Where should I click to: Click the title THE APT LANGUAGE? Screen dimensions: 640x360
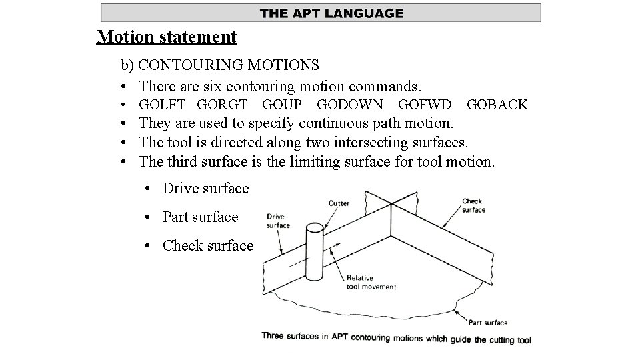(x=331, y=13)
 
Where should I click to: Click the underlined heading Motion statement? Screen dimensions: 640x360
(x=167, y=36)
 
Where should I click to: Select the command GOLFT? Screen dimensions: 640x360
(x=162, y=105)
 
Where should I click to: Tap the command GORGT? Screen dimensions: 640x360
(x=222, y=105)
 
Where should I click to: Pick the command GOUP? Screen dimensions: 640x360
(x=282, y=105)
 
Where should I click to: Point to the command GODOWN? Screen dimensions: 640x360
(x=349, y=105)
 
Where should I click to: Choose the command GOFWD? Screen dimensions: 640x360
(x=425, y=105)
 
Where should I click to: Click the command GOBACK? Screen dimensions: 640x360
(x=497, y=105)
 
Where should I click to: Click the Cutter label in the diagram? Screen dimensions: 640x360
(x=339, y=203)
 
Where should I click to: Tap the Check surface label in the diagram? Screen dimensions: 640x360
(x=473, y=205)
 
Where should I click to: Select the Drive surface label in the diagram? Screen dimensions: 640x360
(x=278, y=221)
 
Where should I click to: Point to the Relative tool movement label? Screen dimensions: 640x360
(x=371, y=282)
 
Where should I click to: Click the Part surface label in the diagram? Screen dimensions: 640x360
(x=487, y=323)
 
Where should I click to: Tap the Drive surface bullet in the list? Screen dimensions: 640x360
(x=205, y=189)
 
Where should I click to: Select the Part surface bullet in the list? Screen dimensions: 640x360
(x=200, y=217)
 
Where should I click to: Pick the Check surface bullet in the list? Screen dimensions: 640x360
(x=207, y=246)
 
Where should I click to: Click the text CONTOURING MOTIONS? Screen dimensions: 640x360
(x=229, y=65)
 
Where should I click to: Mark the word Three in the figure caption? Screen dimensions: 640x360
(x=275, y=337)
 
